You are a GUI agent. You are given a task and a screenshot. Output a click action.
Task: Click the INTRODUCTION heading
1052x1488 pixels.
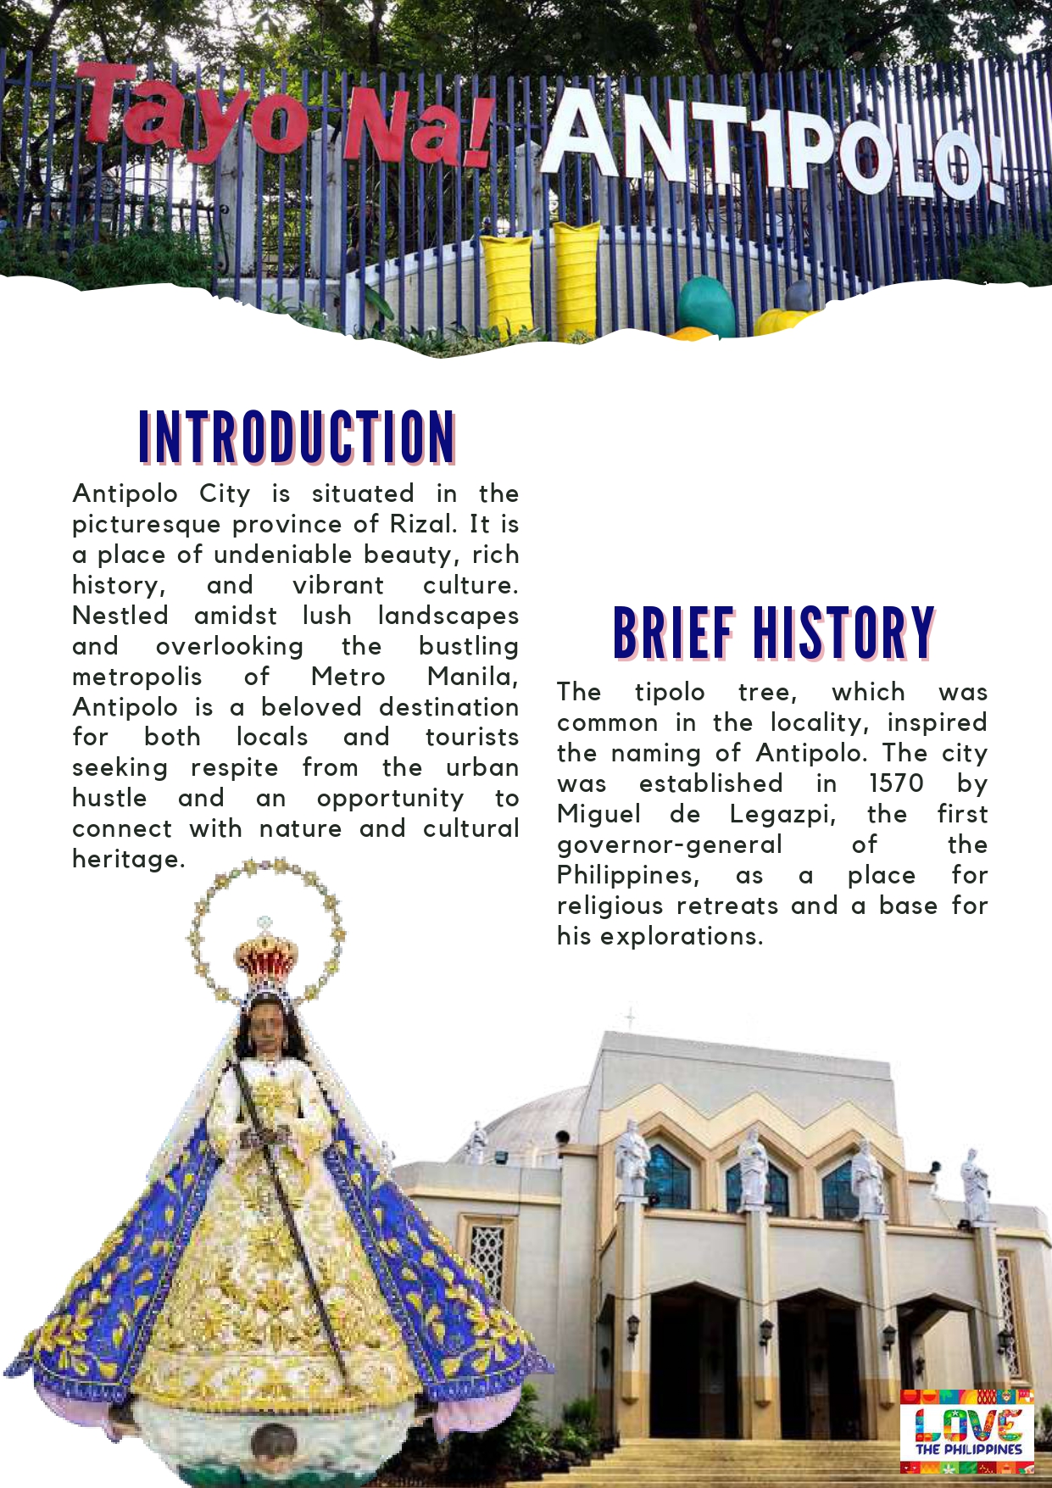297,437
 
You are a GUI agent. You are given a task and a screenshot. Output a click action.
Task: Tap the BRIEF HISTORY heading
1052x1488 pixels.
773,633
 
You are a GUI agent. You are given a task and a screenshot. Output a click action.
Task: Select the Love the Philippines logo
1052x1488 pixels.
967,1432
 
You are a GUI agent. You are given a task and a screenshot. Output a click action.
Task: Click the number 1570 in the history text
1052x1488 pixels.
896,783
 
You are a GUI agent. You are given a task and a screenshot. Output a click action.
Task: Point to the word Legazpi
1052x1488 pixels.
782,814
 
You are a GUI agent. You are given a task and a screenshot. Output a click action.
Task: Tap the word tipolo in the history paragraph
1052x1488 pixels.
670,692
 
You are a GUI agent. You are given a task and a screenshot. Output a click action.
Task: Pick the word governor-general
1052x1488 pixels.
670,844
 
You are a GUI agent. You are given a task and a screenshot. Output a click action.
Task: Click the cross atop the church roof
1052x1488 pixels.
630,1016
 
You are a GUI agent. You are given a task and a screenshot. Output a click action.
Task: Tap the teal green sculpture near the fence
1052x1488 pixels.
706,305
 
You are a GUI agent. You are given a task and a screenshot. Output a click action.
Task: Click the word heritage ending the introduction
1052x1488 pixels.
128,859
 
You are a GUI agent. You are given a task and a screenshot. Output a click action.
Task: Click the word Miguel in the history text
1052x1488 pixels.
598,814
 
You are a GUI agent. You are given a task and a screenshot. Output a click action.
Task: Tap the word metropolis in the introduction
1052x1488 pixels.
137,677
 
